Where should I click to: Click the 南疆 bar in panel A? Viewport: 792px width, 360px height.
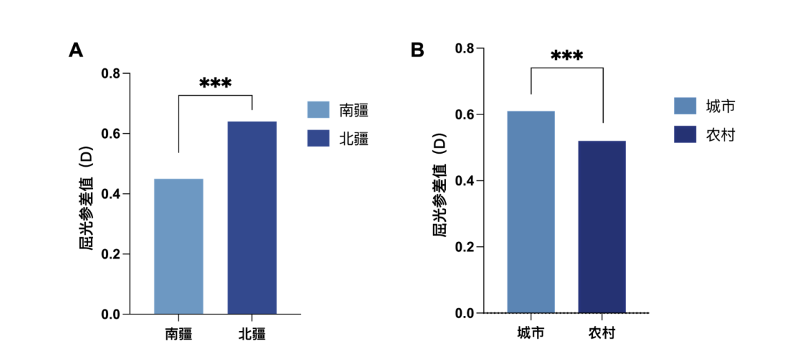(179, 246)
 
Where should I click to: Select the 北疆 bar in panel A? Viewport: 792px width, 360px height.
(252, 217)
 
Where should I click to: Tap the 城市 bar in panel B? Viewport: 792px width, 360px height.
(531, 212)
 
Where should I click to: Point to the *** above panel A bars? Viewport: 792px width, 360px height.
(215, 83)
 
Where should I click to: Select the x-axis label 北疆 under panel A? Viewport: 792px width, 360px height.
(252, 334)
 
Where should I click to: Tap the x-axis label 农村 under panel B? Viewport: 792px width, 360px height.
(602, 333)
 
